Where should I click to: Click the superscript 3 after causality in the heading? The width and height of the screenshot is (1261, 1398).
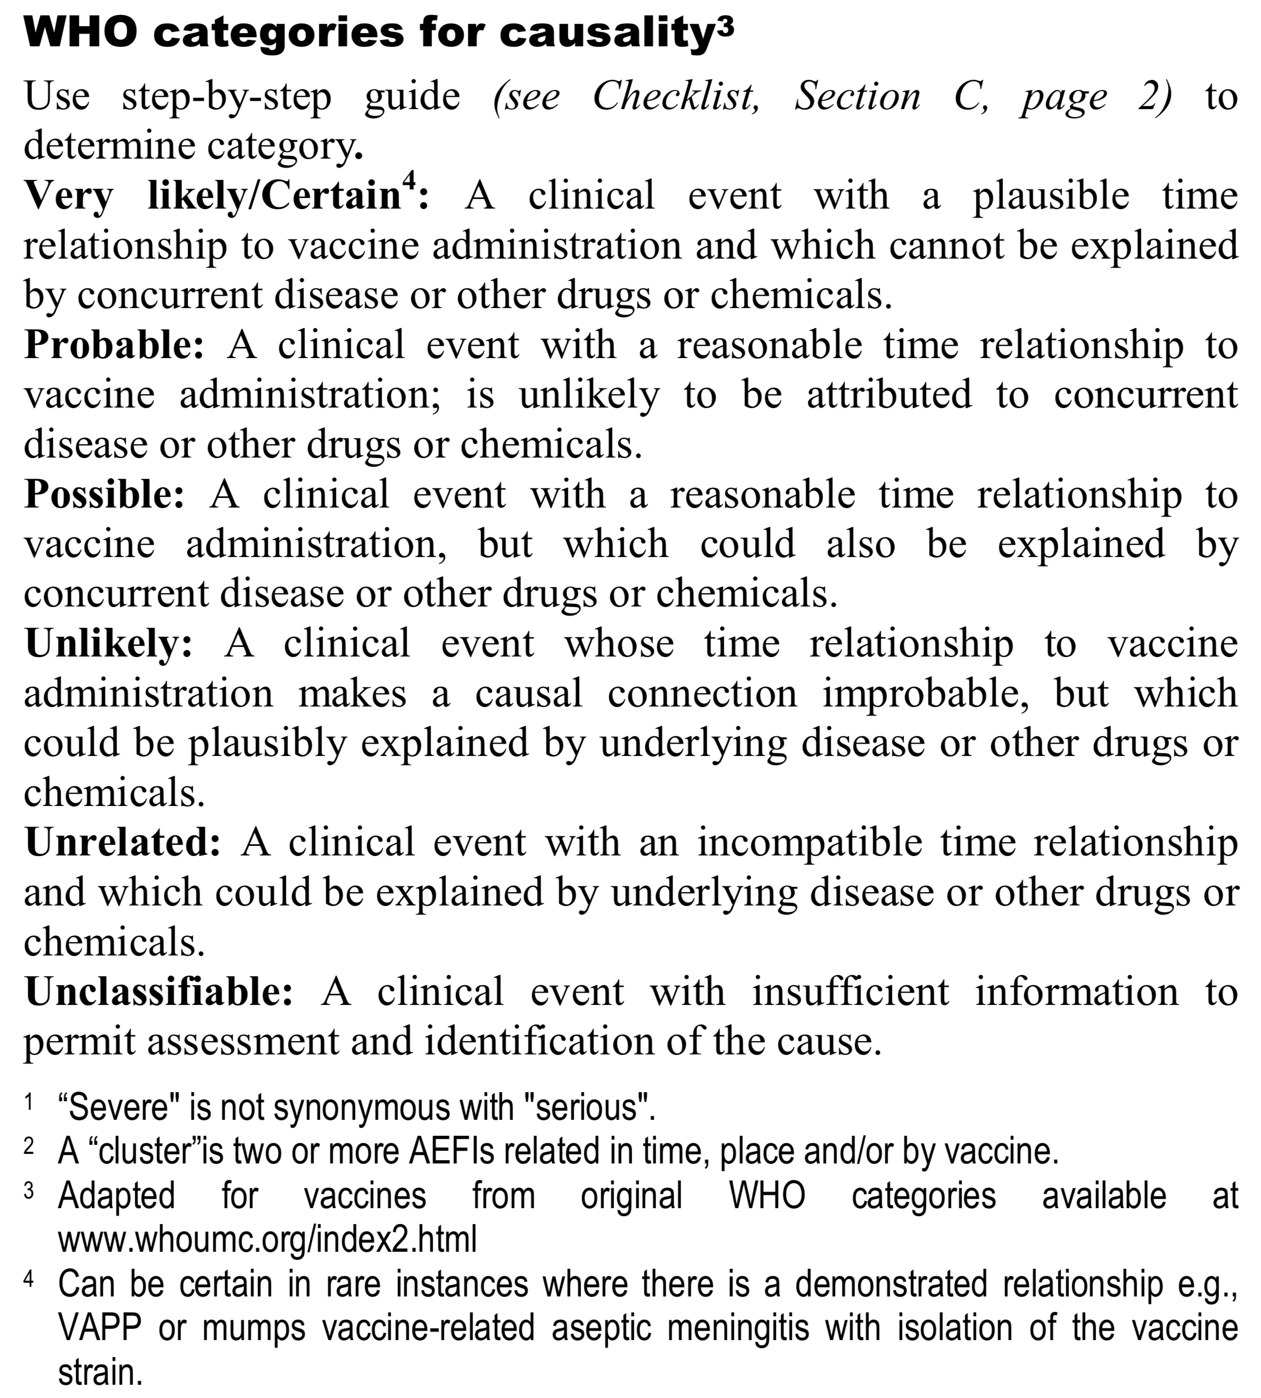723,26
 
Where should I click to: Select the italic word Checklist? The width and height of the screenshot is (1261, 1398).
676,96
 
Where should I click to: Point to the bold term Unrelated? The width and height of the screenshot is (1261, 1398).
122,843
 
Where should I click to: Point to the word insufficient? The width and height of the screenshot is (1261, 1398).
850,992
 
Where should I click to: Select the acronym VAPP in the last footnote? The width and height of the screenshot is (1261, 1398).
99,1328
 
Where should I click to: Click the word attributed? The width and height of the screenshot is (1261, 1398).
889,395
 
